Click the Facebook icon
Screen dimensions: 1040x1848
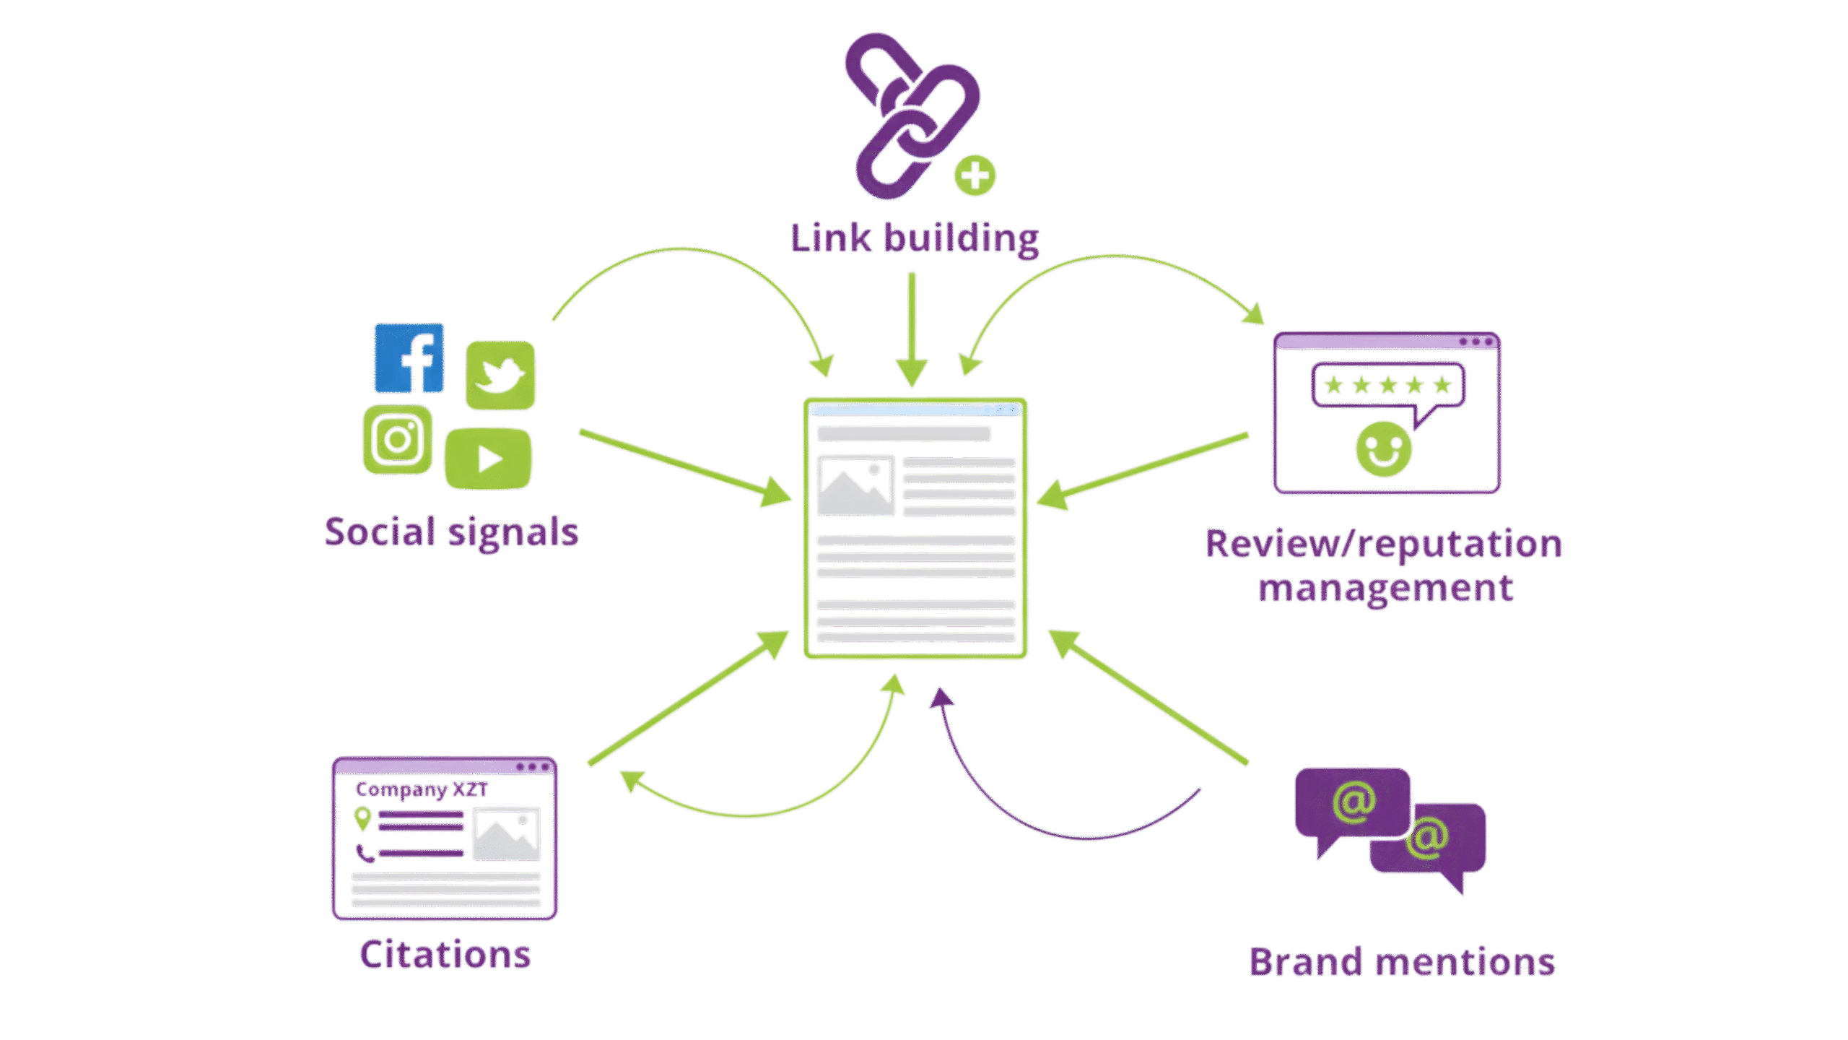pos(409,358)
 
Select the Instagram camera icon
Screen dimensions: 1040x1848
pos(398,439)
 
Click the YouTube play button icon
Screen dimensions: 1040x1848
pos(488,459)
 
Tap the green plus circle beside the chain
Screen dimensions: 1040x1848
pos(975,175)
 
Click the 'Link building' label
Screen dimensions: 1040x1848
pos(915,238)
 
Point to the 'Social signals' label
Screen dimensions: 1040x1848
pos(451,533)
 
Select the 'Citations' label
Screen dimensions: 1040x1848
pos(445,955)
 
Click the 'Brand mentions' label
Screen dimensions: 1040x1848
pos(1402,963)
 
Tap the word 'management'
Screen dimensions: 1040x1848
pos(1385,589)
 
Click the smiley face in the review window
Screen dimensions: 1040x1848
pos(1383,449)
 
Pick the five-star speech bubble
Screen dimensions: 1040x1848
pos(1387,386)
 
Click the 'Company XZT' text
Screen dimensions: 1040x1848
pos(422,789)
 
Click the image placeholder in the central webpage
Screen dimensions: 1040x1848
pos(855,485)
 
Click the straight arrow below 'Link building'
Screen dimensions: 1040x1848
pos(912,329)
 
